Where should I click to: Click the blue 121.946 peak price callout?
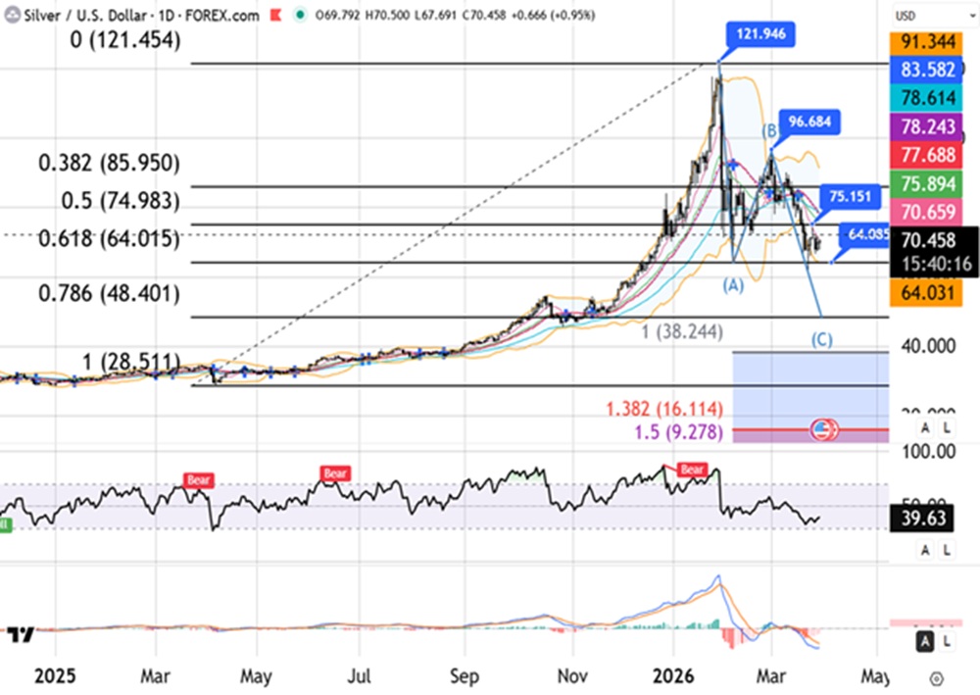pyautogui.click(x=761, y=34)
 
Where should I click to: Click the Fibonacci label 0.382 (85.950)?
pyautogui.click(x=110, y=163)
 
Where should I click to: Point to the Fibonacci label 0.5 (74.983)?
pyautogui.click(x=110, y=200)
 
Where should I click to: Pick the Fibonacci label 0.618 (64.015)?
pyautogui.click(x=110, y=238)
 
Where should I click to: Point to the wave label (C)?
pyautogui.click(x=822, y=339)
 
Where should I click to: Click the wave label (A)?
pyautogui.click(x=733, y=285)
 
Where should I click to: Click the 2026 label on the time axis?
pyautogui.click(x=673, y=675)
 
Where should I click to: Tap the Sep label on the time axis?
pyautogui.click(x=465, y=675)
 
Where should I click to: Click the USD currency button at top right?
pyautogui.click(x=906, y=17)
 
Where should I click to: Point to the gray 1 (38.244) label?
pyautogui.click(x=683, y=332)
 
